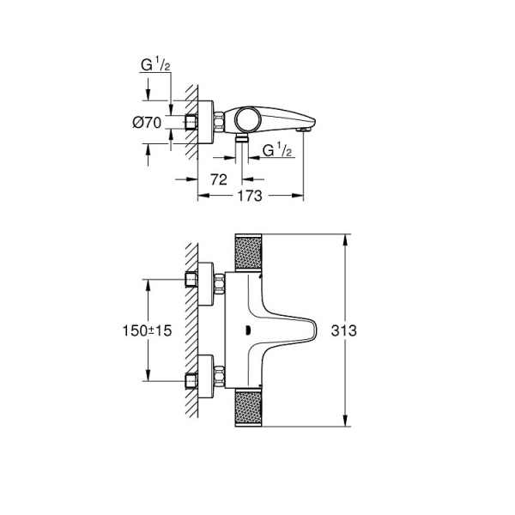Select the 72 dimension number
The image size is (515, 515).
[x=218, y=179]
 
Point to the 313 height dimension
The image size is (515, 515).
[x=367, y=330]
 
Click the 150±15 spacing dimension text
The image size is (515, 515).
[x=150, y=330]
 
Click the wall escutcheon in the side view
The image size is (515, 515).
[x=206, y=123]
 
